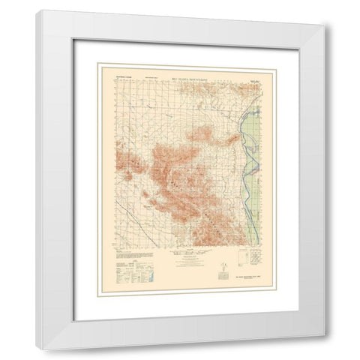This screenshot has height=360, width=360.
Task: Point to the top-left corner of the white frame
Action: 39,10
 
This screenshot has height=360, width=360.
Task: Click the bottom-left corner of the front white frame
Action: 39,321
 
